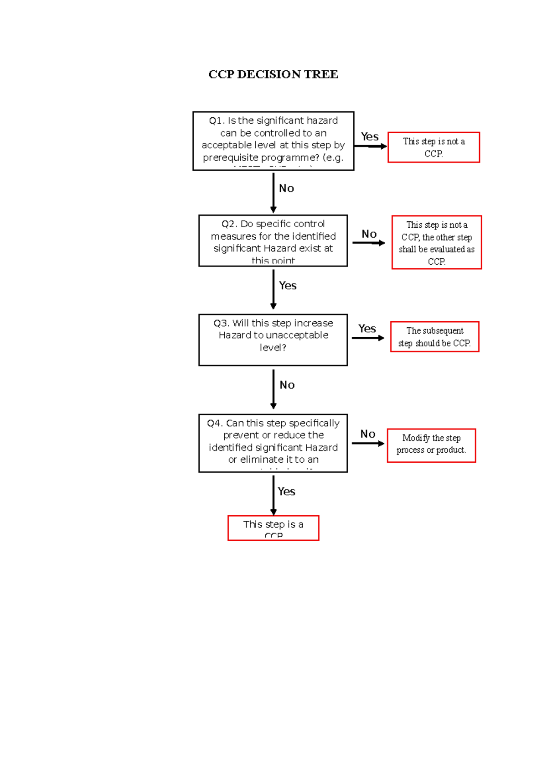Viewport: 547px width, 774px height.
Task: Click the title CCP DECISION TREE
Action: [x=273, y=74]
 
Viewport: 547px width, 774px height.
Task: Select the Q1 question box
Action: [x=273, y=141]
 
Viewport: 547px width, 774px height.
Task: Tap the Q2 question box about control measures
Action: [x=273, y=241]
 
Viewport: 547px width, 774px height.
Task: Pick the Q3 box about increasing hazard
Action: [x=273, y=340]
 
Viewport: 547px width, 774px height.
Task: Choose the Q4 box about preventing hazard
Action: [x=273, y=443]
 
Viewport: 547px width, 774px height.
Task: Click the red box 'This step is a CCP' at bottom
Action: [x=273, y=528]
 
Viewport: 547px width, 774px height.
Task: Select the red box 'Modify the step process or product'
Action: [x=431, y=445]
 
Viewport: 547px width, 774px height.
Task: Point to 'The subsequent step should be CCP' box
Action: [x=434, y=337]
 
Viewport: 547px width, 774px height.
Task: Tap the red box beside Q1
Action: [x=433, y=147]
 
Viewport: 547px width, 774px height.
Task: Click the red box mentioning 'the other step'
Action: [x=436, y=242]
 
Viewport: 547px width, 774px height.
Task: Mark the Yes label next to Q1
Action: [x=370, y=137]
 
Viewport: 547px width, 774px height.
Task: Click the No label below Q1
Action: [x=286, y=188]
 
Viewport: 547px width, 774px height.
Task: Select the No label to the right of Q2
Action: [x=369, y=234]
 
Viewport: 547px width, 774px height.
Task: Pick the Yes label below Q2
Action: [x=288, y=286]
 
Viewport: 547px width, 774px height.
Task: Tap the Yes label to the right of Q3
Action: [x=367, y=329]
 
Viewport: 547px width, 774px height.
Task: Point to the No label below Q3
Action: [x=287, y=385]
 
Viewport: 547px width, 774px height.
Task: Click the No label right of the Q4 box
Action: [x=368, y=434]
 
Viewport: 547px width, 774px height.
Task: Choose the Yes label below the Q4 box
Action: [x=286, y=492]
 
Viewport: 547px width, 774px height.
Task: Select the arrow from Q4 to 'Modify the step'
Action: [x=367, y=443]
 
